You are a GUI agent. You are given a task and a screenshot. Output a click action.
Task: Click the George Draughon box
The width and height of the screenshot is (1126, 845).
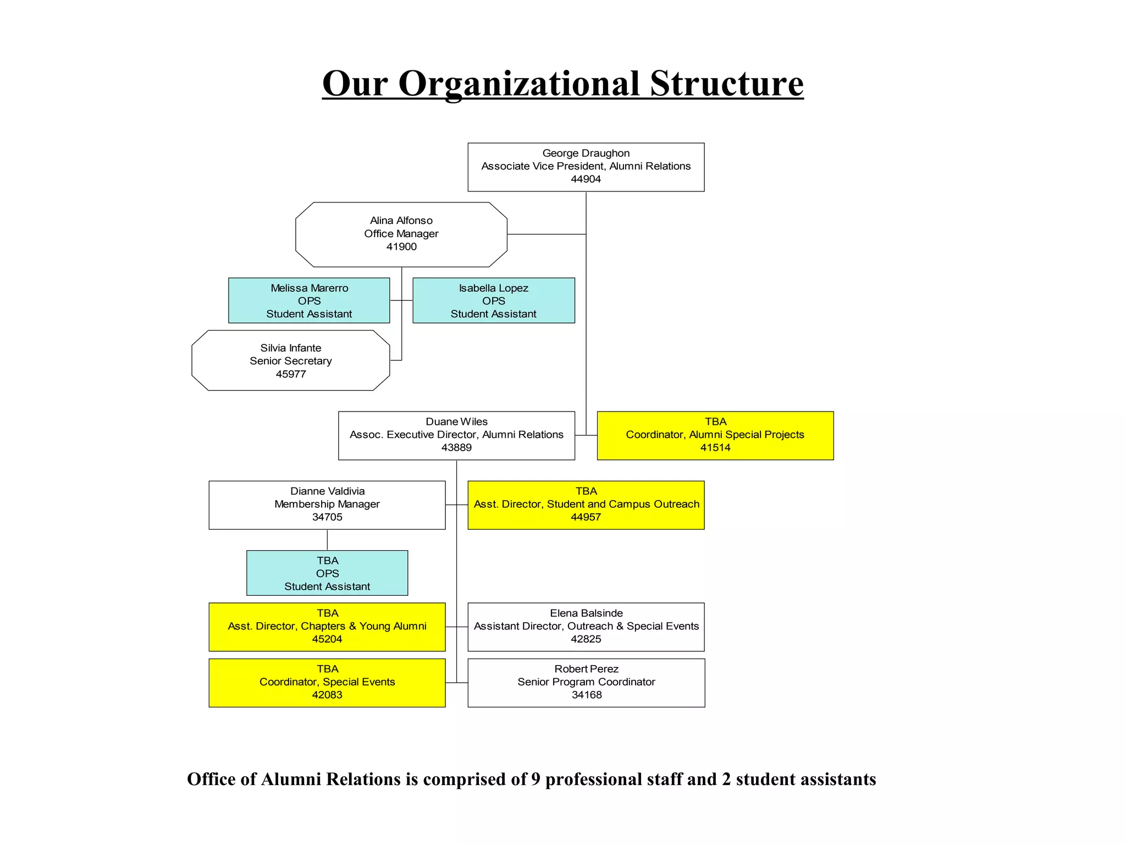(586, 167)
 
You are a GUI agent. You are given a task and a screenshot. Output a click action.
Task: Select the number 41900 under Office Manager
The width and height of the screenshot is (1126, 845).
(401, 247)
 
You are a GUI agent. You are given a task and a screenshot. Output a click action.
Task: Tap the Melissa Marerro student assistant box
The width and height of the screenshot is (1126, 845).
(309, 300)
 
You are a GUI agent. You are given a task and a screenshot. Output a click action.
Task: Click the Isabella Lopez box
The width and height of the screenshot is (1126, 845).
(493, 300)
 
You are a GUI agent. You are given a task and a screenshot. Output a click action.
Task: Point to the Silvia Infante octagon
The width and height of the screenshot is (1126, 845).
(290, 361)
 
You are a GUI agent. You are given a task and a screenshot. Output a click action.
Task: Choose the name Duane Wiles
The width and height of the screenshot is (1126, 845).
(456, 421)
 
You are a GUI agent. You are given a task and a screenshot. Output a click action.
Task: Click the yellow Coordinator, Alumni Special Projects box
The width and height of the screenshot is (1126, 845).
(715, 435)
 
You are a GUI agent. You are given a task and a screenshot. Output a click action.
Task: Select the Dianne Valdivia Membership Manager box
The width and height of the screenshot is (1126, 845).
(327, 504)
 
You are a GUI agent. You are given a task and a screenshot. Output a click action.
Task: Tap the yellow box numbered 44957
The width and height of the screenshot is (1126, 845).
(586, 504)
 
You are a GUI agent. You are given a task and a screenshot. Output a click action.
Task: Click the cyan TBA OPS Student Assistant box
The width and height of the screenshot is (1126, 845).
(327, 573)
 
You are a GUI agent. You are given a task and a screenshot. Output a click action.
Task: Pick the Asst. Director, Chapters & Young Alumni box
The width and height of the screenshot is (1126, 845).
(327, 627)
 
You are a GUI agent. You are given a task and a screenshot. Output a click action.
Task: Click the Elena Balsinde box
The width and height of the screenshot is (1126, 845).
(586, 627)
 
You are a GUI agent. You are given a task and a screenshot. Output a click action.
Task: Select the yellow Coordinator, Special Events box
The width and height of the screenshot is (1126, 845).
(327, 682)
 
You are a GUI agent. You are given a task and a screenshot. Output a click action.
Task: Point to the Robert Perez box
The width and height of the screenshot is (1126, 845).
(586, 682)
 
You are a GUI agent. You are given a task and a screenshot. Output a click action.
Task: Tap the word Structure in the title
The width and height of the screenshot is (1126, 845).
(726, 84)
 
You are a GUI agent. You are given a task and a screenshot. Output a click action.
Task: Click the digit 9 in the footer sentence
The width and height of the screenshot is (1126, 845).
(536, 780)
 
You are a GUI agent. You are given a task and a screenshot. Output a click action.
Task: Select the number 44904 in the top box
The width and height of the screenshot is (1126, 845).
(586, 179)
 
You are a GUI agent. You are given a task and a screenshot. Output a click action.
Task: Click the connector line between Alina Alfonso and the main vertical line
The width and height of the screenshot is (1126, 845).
(546, 234)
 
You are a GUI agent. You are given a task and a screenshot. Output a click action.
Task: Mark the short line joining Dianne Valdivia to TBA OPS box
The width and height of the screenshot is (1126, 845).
(327, 540)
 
